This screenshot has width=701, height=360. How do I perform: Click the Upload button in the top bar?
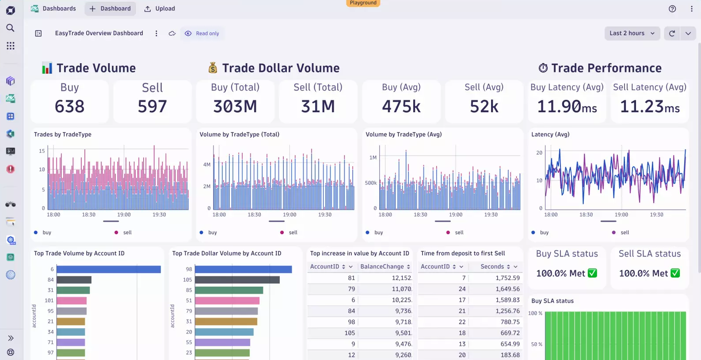click(x=160, y=8)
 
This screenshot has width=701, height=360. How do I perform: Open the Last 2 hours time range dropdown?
click(x=632, y=33)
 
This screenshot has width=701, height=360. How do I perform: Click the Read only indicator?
click(x=202, y=34)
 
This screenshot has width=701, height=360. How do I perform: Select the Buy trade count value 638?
click(x=69, y=106)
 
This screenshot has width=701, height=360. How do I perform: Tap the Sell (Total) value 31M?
click(x=318, y=106)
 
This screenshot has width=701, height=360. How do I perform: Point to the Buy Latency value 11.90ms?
click(x=567, y=106)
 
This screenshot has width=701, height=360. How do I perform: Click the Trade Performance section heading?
click(x=606, y=68)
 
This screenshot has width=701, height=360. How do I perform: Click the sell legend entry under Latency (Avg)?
click(x=624, y=232)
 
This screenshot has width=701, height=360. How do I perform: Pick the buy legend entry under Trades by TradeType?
click(x=46, y=232)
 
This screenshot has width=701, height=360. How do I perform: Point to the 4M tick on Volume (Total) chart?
click(x=206, y=164)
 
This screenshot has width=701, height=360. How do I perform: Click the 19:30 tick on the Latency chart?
click(x=656, y=215)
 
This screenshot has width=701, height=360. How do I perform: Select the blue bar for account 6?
click(x=108, y=269)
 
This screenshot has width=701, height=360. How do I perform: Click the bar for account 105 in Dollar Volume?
click(x=237, y=280)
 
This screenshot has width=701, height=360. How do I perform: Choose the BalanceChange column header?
click(x=382, y=266)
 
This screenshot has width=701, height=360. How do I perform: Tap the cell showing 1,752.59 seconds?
click(x=507, y=278)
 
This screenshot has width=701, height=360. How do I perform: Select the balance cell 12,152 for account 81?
click(x=401, y=278)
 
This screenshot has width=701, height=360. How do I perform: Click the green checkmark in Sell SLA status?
click(x=675, y=273)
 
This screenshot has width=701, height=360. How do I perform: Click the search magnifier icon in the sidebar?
click(x=10, y=28)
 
